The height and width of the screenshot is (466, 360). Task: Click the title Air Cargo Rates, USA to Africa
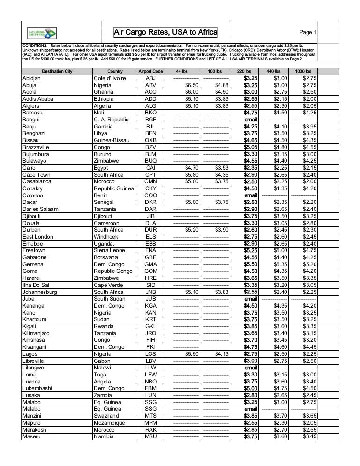[166, 32]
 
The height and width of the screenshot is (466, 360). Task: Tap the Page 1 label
[308, 32]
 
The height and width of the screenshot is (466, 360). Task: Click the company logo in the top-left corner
[42, 32]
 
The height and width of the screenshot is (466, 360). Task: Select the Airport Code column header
[150, 71]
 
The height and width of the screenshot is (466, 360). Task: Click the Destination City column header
[57, 71]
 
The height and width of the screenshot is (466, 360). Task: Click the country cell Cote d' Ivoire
[110, 78]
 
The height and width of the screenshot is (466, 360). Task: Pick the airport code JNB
[150, 292]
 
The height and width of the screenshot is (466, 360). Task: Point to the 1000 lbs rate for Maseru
[309, 436]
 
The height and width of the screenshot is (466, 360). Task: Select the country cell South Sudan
[109, 299]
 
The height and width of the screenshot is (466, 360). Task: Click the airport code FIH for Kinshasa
[150, 340]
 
